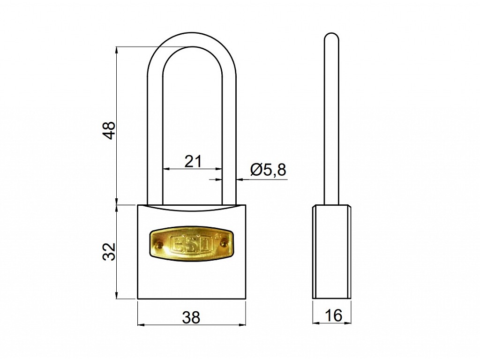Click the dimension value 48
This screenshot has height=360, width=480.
coord(109,130)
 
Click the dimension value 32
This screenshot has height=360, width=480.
coord(109,251)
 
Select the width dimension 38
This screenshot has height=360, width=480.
coord(191,317)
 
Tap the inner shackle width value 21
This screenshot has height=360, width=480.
coord(193,161)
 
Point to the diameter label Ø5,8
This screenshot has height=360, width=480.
coord(268,170)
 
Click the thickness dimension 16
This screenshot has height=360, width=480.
coord(334,315)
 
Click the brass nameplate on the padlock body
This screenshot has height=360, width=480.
coord(192,244)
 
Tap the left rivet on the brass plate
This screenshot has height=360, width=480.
coord(158,244)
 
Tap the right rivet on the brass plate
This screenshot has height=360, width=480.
coord(224,243)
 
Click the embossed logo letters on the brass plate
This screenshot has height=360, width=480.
coord(191,244)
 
